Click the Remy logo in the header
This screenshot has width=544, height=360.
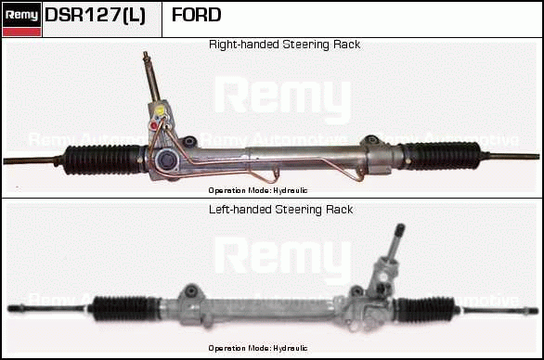pos(21,19)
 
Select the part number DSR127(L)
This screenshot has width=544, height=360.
pos(95,15)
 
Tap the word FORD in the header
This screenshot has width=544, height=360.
pos(197,15)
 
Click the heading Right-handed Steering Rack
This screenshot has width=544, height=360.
pos(284,45)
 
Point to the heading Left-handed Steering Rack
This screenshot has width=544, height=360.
pos(281,210)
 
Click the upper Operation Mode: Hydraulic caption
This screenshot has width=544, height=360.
pos(258,190)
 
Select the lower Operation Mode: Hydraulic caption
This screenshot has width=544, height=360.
pos(258,348)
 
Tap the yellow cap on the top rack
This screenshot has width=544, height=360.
pos(160,110)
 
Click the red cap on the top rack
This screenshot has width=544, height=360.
pos(154,125)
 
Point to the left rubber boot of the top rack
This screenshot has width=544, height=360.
pos(103,160)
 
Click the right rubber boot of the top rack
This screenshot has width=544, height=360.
pos(442,156)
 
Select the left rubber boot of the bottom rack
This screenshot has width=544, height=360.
pos(124,308)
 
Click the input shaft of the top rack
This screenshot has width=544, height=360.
pos(151,77)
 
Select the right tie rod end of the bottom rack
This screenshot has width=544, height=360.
pos(495,311)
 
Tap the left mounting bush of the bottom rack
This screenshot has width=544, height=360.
pos(191,290)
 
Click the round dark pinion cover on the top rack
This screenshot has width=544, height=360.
pos(166,161)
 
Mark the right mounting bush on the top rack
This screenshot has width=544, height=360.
pos(370,140)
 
